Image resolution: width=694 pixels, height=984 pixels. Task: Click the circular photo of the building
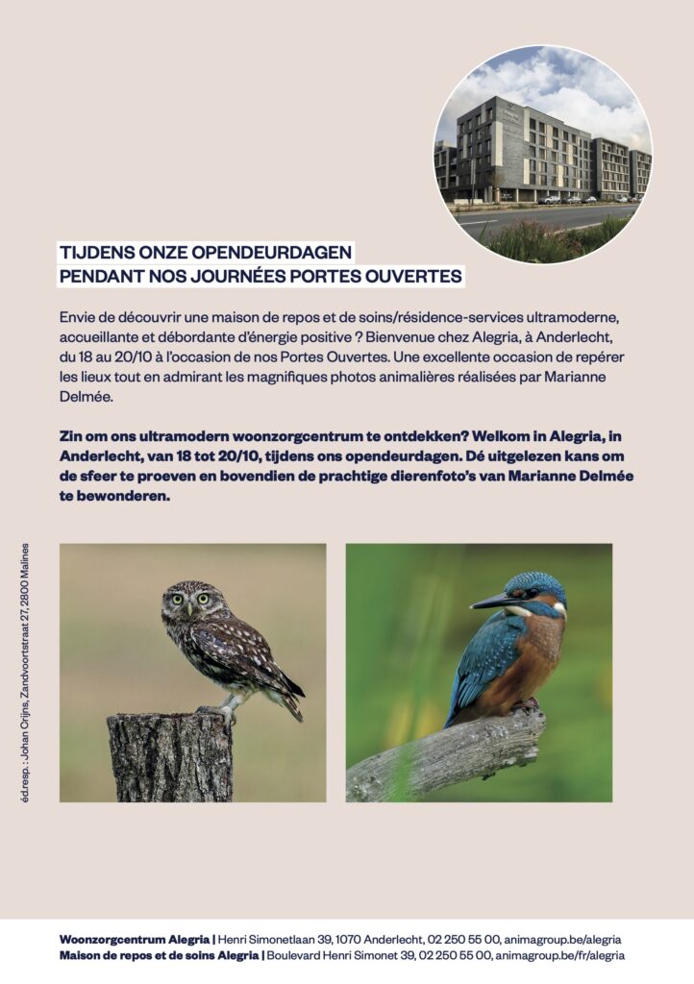coord(543,154)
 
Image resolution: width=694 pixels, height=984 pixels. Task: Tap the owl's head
coord(191,601)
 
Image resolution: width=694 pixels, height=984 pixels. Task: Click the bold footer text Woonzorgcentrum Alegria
coord(134,939)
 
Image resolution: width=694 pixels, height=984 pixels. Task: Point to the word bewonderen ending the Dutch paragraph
coord(126,497)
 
